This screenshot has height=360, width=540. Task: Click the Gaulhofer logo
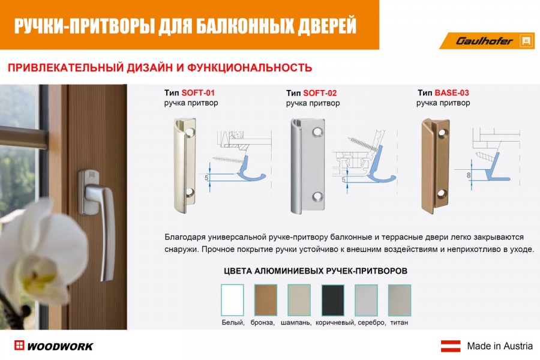coord(487,41)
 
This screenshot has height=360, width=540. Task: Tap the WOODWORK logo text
coord(60,347)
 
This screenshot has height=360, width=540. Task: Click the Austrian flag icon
coord(451,346)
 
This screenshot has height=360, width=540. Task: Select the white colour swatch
coord(232,300)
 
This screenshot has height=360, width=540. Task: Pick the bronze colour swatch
coord(266,300)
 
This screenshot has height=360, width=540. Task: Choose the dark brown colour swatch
coord(332,300)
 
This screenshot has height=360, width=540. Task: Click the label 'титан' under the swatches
coord(399,323)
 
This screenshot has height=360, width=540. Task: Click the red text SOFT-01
coord(198,92)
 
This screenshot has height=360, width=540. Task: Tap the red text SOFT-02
coord(320,93)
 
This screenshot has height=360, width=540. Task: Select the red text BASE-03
coord(452,92)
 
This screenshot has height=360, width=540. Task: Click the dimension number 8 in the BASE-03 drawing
coord(469,175)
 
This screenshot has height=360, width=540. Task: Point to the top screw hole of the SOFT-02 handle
coord(317,132)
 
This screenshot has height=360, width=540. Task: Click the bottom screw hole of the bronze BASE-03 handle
coord(442,194)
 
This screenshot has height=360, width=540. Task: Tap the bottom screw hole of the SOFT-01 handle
coord(190,193)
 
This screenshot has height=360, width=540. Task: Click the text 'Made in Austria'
coord(500,346)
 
